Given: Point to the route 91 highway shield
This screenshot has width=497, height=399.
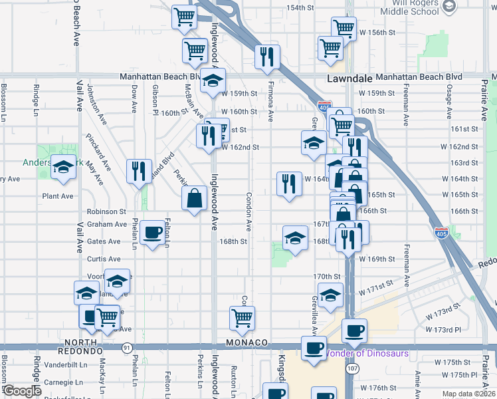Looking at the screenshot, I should pyautogui.click(x=126, y=347).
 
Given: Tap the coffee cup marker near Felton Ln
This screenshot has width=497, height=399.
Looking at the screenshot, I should pyautogui.click(x=153, y=232).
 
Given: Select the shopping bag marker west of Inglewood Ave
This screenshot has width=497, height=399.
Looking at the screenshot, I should pyautogui.click(x=194, y=198).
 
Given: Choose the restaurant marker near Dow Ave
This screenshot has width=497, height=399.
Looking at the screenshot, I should pyautogui.click(x=138, y=172).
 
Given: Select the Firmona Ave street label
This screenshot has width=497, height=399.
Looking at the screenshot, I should pyautogui.click(x=270, y=106).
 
